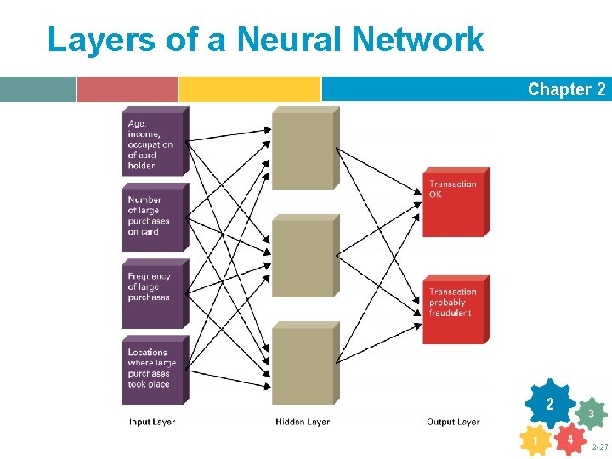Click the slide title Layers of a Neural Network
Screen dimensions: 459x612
click(x=265, y=39)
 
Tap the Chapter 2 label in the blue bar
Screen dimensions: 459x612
click(x=566, y=89)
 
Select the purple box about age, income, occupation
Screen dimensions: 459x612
click(x=153, y=143)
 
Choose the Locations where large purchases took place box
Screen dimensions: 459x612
click(x=153, y=371)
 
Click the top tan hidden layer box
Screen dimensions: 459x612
click(x=303, y=150)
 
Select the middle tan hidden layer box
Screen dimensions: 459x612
click(x=303, y=258)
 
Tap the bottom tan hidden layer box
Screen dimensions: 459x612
click(x=303, y=365)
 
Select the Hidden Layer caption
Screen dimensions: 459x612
click(x=303, y=422)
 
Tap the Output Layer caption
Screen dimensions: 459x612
click(x=453, y=422)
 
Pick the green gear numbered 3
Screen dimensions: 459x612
click(x=591, y=414)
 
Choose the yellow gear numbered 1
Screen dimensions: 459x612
click(x=535, y=441)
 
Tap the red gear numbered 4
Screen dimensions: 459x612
click(x=570, y=440)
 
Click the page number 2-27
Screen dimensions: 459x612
click(x=600, y=446)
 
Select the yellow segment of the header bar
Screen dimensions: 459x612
click(x=249, y=89)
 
